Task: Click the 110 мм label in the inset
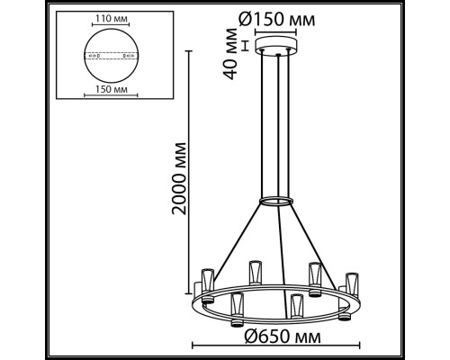coord(112,19)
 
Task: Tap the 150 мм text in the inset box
coord(112,90)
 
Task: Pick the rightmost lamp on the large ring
coord(349,283)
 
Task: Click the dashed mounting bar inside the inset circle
coord(112,54)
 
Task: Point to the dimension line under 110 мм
coord(112,26)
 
